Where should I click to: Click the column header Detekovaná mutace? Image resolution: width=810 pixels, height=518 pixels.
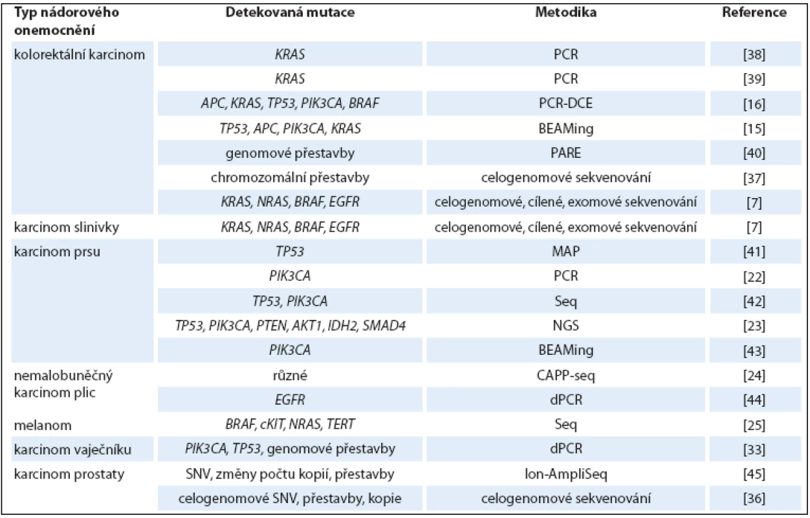click(290, 13)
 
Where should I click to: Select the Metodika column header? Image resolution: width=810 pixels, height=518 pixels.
click(566, 13)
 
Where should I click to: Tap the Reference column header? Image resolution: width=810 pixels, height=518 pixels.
click(754, 13)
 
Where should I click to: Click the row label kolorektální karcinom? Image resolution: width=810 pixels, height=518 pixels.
click(79, 54)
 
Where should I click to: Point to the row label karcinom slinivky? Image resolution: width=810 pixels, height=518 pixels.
click(67, 227)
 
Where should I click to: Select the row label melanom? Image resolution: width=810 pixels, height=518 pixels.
click(43, 425)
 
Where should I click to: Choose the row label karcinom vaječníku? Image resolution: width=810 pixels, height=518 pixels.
click(72, 449)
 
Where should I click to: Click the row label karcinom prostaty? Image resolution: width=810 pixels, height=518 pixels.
click(69, 474)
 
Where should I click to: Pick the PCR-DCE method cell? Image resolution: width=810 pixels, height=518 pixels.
click(566, 104)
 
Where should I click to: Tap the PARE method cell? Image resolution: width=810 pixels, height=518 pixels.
click(566, 153)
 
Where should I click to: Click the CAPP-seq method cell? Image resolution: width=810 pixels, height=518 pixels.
click(566, 376)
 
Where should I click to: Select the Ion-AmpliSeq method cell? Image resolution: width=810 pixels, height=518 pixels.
click(566, 474)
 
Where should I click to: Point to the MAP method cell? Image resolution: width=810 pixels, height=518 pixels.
click(566, 252)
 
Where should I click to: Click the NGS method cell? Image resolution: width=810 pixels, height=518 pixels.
click(566, 326)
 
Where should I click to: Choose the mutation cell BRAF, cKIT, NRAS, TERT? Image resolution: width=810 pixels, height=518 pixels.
click(290, 425)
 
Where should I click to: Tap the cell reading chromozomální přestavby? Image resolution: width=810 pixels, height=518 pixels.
click(290, 177)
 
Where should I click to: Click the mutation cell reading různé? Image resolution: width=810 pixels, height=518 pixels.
click(290, 376)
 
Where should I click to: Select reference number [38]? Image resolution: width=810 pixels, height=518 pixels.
click(754, 54)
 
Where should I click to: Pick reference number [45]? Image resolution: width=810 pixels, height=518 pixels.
click(754, 474)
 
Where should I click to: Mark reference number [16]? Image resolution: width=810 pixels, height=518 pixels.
click(754, 104)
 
